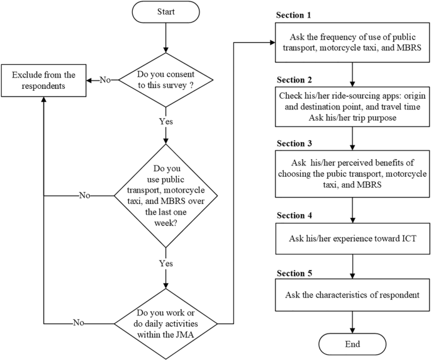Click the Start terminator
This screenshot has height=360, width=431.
click(x=165, y=12)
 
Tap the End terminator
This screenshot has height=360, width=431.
click(x=352, y=344)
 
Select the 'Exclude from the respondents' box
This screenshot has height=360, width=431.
click(x=43, y=81)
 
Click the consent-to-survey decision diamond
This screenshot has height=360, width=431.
click(x=165, y=80)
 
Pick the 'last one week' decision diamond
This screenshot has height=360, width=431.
click(x=165, y=196)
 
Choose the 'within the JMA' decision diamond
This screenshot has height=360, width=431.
click(x=165, y=323)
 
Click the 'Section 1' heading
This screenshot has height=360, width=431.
click(x=293, y=15)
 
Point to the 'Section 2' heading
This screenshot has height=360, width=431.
click(x=294, y=80)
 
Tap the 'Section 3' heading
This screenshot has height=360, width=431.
click(x=294, y=143)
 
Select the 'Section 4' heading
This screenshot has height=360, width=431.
click(x=294, y=215)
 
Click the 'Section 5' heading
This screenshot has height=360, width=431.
click(x=294, y=273)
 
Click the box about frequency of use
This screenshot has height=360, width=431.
click(x=352, y=42)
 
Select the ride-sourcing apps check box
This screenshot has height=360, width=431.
click(x=352, y=107)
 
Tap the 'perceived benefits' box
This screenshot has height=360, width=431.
click(x=352, y=174)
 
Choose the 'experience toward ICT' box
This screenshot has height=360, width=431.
click(x=352, y=239)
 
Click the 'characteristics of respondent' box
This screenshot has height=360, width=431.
click(x=352, y=295)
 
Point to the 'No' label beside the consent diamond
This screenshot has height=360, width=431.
click(x=105, y=80)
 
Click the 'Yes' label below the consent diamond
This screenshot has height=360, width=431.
click(x=165, y=121)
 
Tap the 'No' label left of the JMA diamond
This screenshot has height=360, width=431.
click(x=79, y=322)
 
